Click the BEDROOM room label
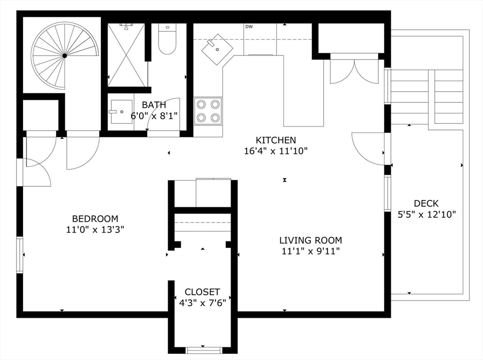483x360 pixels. [95, 219]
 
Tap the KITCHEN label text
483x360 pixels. [275, 140]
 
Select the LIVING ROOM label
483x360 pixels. [310, 240]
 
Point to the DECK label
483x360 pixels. [426, 204]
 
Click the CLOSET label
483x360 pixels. [202, 292]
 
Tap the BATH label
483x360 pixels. [154, 105]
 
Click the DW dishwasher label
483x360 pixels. [249, 27]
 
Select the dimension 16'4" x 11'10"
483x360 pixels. [275, 151]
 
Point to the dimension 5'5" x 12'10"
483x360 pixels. [426, 214]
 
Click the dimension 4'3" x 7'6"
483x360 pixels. [202, 303]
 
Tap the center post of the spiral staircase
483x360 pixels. [65, 56]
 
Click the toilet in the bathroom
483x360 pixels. [167, 39]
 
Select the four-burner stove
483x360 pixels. [208, 111]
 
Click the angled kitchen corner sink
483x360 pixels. [217, 49]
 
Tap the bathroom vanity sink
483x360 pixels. [121, 112]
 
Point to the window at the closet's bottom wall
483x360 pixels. [204, 350]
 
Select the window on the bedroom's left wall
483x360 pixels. [20, 255]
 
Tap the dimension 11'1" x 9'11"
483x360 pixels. [310, 251]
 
